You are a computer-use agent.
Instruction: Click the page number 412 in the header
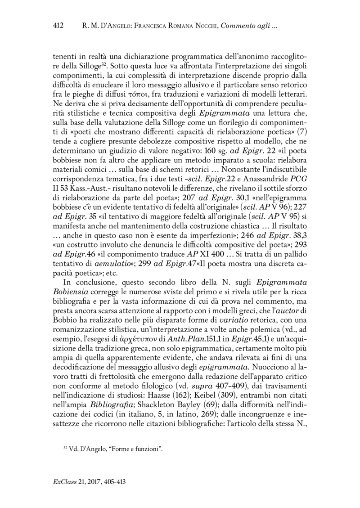pyautogui.click(x=58, y=26)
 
